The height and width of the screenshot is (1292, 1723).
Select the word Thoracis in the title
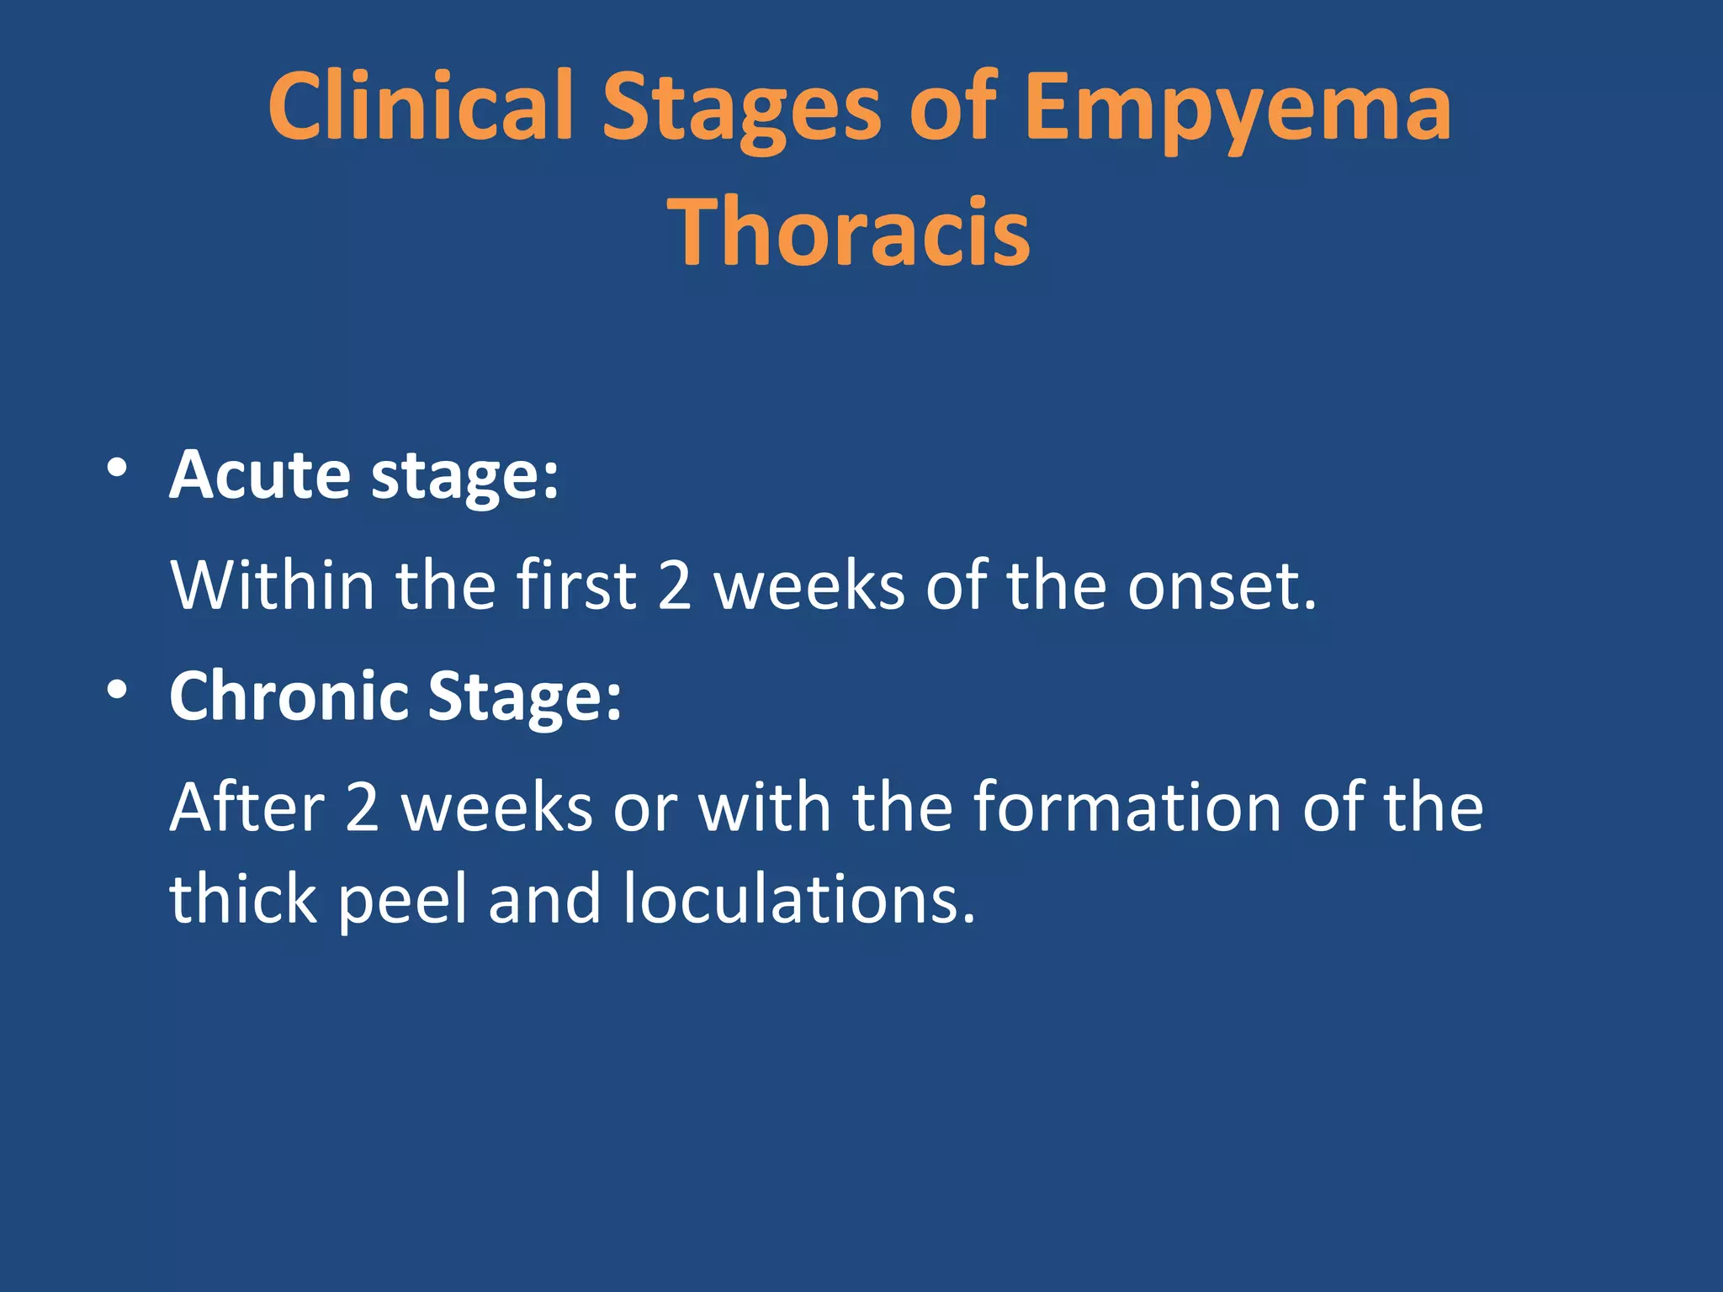click(x=849, y=231)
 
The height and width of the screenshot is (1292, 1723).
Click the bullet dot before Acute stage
click(x=117, y=468)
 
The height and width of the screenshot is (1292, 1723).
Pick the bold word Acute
click(x=259, y=475)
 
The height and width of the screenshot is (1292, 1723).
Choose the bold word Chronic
click(x=288, y=696)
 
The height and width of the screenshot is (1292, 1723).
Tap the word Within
click(x=272, y=585)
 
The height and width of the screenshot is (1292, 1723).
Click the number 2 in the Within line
click(x=674, y=585)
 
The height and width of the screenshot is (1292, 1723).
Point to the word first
click(x=576, y=585)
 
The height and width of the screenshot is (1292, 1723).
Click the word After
click(x=247, y=807)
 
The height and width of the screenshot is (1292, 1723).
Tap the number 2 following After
click(x=362, y=807)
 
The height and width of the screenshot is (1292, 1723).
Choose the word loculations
click(x=798, y=899)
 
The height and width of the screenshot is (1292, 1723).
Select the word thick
click(x=242, y=899)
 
